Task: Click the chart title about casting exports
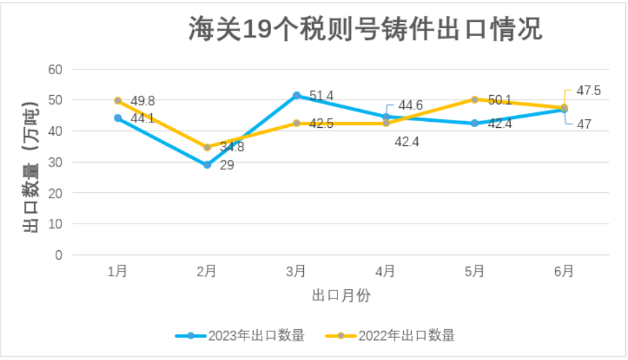point(365,30)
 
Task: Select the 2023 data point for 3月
point(297,96)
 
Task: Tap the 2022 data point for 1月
point(118,100)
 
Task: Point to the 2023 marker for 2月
point(207,165)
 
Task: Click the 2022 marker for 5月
point(475,100)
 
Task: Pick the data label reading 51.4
point(321,96)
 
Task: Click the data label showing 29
point(227,165)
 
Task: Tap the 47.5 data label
point(588,90)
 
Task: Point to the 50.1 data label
point(499,100)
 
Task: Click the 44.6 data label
point(410,106)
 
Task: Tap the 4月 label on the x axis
point(385,271)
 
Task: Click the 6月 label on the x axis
point(564,271)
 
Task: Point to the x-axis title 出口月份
point(341,295)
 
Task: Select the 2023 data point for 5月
point(475,123)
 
